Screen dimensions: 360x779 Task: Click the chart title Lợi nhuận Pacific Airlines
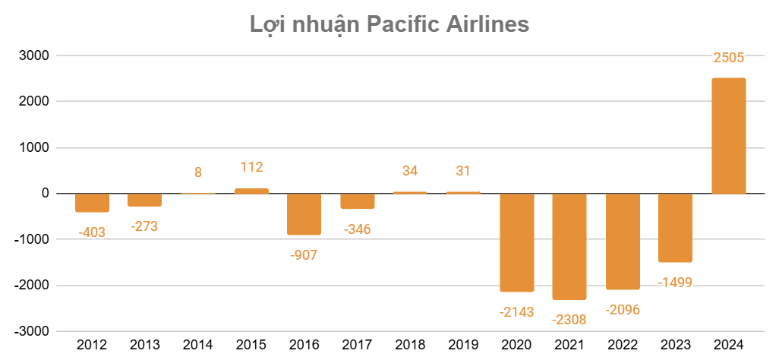(389, 24)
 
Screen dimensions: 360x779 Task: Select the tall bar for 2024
(728, 135)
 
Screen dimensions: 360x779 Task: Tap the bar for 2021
(569, 246)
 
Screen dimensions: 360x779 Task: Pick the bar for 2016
(304, 213)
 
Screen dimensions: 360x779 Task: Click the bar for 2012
(93, 202)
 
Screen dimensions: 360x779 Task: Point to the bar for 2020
(516, 242)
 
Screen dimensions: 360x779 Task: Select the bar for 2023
(675, 227)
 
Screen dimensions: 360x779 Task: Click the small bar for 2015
(251, 191)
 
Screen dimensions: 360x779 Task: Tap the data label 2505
(728, 58)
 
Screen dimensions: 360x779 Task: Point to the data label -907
(304, 255)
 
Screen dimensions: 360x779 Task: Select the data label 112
(251, 167)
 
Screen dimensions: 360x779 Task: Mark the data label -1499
(675, 283)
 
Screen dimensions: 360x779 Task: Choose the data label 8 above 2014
(198, 172)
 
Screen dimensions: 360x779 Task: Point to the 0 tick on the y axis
(46, 194)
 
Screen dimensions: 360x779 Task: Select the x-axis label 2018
(410, 345)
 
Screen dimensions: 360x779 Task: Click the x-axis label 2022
(622, 345)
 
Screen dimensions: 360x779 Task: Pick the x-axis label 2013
(145, 345)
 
